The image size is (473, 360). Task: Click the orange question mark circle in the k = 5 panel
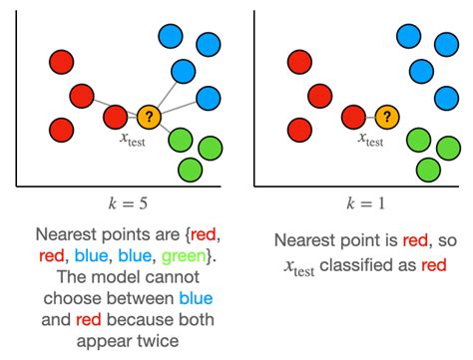coord(150,118)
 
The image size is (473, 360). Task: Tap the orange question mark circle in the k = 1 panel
coord(385,118)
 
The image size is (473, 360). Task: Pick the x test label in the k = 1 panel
coord(367,142)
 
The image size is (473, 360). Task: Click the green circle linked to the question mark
coord(181,140)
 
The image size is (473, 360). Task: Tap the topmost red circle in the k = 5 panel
coord(63,62)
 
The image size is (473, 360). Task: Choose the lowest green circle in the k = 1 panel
coord(426,170)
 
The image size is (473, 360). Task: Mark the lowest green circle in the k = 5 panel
coord(190,170)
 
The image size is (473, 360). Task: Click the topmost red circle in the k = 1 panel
coord(298,62)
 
